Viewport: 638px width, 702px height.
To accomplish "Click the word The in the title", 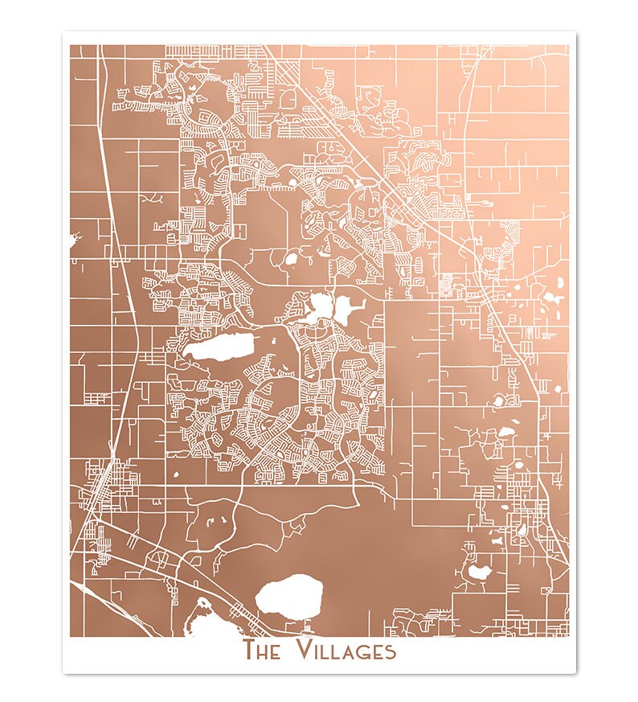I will [x=262, y=650].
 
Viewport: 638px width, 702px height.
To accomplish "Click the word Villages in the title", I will [x=346, y=650].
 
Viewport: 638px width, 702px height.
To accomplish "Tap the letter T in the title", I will [x=250, y=650].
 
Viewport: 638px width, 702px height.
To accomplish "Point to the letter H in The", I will [x=263, y=651].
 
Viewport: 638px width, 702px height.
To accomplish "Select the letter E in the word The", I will [x=275, y=651].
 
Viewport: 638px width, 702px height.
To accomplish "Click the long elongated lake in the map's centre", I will [x=219, y=348].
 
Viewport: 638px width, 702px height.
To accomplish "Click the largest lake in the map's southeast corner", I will [x=479, y=573].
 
